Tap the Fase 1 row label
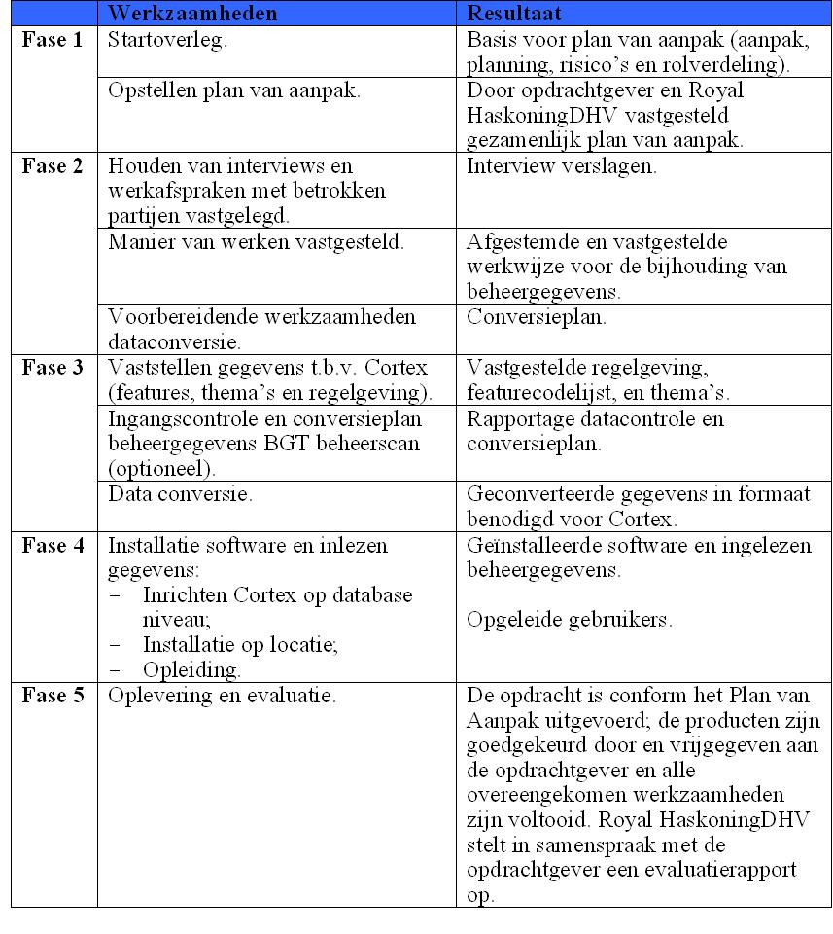[x=52, y=43]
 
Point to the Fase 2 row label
[x=52, y=165]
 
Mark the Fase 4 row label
[x=52, y=546]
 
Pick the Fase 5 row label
[x=52, y=697]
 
